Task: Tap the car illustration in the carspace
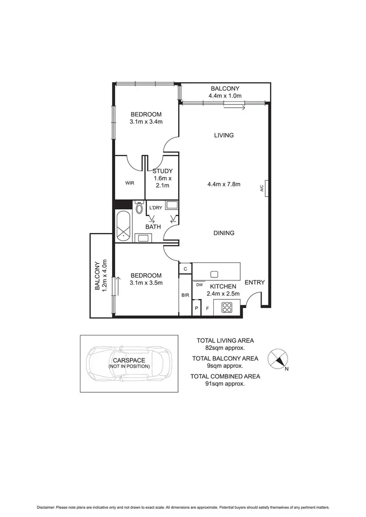pos(129,363)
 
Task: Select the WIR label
pos(129,183)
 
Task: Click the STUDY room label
pos(162,171)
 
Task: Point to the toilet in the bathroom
pos(139,209)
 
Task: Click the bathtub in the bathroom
pos(123,226)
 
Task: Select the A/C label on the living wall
pos(262,186)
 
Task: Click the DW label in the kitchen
pos(200,284)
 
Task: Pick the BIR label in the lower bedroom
pos(185,295)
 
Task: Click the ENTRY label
pos(254,282)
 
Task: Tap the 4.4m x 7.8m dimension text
pos(224,184)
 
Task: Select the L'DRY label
pos(156,208)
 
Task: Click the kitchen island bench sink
pos(214,273)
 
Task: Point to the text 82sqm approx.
pos(225,348)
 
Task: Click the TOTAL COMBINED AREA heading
pos(225,376)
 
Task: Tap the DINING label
pos(224,233)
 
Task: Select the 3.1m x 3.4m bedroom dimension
pos(146,122)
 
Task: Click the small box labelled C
pos(185,268)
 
